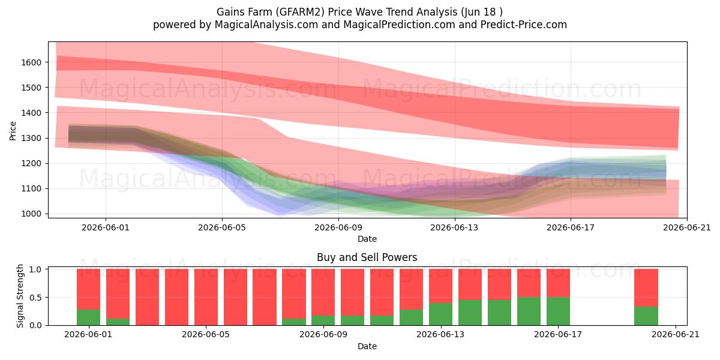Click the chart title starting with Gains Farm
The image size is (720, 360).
(x=359, y=12)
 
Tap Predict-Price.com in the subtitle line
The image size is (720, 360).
(x=524, y=25)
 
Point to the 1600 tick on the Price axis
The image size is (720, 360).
(x=31, y=62)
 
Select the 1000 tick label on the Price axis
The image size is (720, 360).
(x=31, y=214)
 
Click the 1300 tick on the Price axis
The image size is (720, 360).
(x=31, y=138)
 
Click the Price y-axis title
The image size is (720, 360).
(x=13, y=131)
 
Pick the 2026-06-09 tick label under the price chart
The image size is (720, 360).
(x=338, y=227)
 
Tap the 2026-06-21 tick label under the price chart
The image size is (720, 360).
(x=687, y=227)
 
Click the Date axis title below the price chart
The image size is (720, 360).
(x=367, y=239)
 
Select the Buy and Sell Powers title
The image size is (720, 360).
(x=367, y=257)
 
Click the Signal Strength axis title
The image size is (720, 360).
(x=20, y=296)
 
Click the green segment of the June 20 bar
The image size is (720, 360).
(x=646, y=316)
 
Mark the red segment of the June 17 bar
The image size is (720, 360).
(x=559, y=283)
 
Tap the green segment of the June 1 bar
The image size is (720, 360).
(x=88, y=317)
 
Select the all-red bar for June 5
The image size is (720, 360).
(x=206, y=297)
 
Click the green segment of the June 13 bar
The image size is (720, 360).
(x=440, y=314)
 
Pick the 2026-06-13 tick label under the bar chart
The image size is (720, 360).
(x=440, y=335)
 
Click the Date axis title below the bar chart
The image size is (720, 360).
(x=367, y=346)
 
